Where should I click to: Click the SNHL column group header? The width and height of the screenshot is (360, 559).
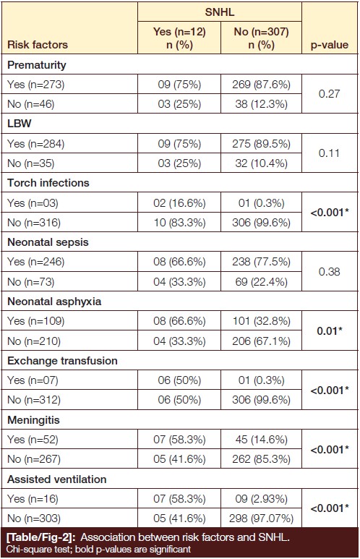click(220, 12)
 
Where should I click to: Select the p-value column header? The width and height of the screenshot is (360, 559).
click(330, 45)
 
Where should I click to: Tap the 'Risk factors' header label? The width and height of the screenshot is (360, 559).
click(38, 45)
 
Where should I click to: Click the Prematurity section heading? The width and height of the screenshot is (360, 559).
click(37, 65)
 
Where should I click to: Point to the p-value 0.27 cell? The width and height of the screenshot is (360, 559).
click(329, 94)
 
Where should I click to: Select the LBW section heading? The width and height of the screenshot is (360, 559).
click(20, 124)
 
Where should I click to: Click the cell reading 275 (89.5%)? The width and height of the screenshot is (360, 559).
click(261, 144)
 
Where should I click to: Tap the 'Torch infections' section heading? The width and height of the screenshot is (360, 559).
click(48, 183)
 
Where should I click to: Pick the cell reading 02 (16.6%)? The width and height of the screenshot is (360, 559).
click(179, 203)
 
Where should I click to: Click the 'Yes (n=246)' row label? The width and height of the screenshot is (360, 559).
click(35, 262)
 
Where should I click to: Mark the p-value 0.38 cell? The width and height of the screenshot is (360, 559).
click(329, 272)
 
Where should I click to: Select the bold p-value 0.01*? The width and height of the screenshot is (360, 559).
click(330, 330)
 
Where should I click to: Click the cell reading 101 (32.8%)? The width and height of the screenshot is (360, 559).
click(261, 321)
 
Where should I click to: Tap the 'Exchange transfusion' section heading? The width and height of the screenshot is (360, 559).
click(62, 361)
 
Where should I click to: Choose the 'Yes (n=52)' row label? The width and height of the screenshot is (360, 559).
click(33, 440)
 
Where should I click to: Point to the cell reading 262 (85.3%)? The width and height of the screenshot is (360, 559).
click(261, 458)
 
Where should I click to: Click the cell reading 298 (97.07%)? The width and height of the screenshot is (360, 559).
click(261, 518)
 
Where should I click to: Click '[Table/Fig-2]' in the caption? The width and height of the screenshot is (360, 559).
click(41, 537)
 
